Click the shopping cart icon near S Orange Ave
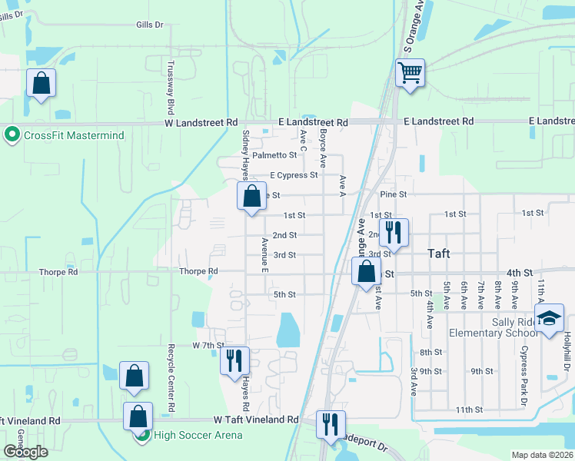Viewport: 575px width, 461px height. point(410,74)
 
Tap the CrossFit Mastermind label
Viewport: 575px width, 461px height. point(74,136)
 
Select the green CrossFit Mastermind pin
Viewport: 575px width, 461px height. point(12,135)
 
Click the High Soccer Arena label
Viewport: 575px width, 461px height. point(198,436)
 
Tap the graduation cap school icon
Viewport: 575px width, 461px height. point(550,319)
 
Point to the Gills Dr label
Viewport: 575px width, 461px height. point(150,25)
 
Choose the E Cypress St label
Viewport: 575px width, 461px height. point(292,175)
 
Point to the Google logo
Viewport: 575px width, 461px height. point(25,452)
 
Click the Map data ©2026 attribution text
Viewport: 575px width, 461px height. point(542,455)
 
